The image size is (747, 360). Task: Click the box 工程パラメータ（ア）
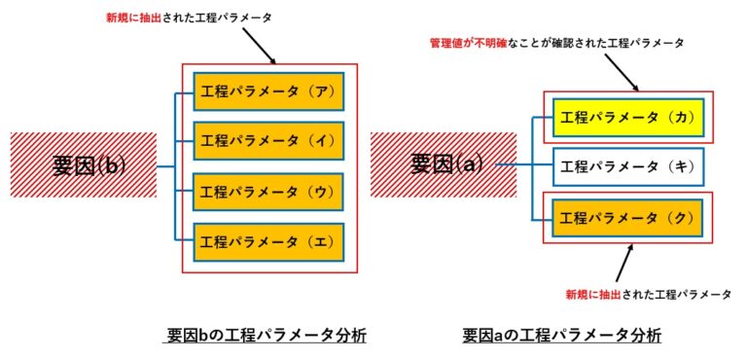coord(269,90)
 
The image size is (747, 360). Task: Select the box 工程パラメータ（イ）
coord(269,140)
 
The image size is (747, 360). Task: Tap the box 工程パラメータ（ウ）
coord(269,191)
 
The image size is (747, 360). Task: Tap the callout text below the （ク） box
coord(648,293)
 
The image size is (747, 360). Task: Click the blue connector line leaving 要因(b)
coord(165,165)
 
